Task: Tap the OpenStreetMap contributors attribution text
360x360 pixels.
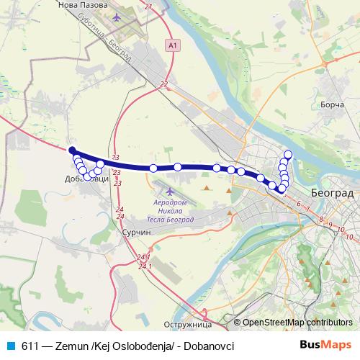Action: [x=297, y=323]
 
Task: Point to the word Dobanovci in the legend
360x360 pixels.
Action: [x=209, y=346]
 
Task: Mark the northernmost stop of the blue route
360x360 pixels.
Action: [x=288, y=153]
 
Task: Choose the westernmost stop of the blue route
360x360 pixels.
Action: [x=73, y=150]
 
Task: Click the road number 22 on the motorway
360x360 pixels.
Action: [x=164, y=84]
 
